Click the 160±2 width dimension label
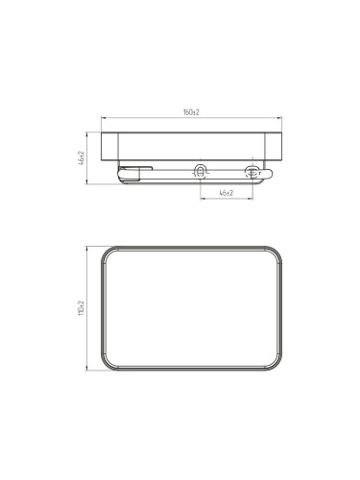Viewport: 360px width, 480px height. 191,112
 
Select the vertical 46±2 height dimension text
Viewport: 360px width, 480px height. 82,158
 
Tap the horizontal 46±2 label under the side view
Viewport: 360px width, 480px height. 227,193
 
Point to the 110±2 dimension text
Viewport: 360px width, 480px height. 81,308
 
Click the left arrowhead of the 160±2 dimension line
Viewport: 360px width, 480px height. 103,118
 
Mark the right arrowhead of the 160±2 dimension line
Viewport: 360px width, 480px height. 279,118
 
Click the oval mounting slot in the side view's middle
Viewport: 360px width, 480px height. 201,171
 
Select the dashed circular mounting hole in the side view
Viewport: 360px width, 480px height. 252,173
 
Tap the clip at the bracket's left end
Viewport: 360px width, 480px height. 135,169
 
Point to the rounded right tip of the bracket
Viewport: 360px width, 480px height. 271,174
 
